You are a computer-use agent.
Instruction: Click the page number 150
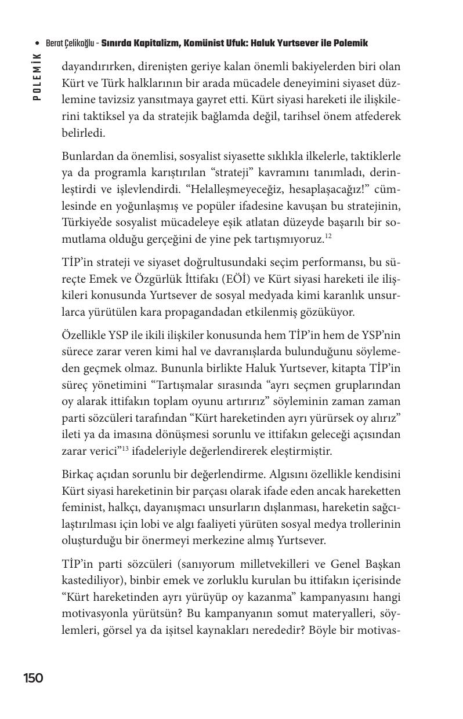tap(33, 678)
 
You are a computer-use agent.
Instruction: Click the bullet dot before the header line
tap(38, 44)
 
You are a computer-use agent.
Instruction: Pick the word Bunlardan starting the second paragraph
tap(86, 157)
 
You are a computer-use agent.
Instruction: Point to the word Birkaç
tap(78, 475)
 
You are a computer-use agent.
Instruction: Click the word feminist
tap(82, 508)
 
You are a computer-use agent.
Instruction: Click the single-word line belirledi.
tap(83, 133)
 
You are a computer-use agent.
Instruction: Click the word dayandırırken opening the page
tap(96, 66)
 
